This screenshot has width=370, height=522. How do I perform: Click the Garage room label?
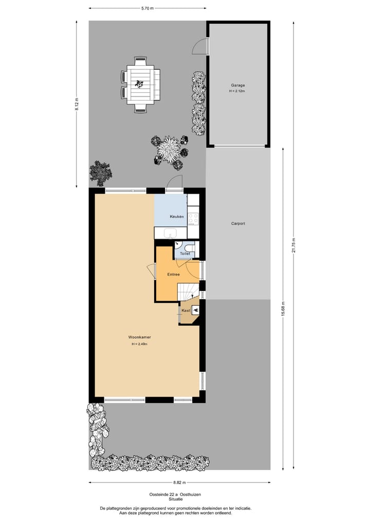[x=237, y=85]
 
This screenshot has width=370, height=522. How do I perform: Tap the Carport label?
[x=237, y=223]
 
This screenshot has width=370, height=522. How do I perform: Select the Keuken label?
[x=177, y=217]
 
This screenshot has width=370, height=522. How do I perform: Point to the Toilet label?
[x=185, y=254]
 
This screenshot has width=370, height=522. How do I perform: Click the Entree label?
[x=173, y=275]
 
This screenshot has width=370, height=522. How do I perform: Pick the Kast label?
[x=186, y=311]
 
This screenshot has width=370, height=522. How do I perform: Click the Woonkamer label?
[x=139, y=337]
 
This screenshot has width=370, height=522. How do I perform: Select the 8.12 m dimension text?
[x=77, y=104]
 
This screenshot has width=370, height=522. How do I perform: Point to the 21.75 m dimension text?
[x=293, y=245]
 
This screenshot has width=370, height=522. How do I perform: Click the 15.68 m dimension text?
[x=283, y=308]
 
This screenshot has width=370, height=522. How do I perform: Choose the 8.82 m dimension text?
[x=179, y=482]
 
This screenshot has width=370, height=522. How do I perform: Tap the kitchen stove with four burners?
[x=193, y=219]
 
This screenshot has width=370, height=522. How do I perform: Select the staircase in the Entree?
[x=188, y=292]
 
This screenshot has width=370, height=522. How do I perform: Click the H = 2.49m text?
[x=139, y=344]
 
